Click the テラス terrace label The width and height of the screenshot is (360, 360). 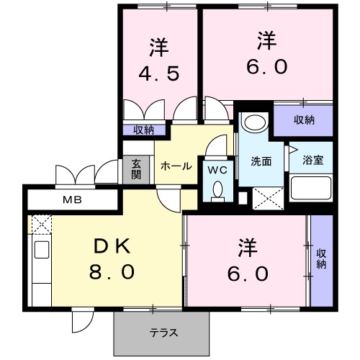pos(164,333)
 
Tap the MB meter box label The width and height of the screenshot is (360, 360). pos(70,199)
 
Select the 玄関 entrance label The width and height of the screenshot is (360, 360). pos(137,170)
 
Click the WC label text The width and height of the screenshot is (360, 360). pos(217,170)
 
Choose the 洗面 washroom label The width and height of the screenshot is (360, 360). pos(261,161)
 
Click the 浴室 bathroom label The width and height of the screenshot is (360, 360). pos(313,161)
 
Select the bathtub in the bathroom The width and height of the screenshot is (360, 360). pos(311,189)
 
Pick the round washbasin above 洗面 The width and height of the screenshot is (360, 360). pos(253,122)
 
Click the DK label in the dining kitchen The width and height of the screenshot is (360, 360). pos(112,247)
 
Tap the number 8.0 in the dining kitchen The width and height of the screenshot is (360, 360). pos(112,273)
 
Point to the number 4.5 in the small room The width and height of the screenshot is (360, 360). pos(159,73)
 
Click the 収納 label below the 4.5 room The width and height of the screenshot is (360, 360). pos(144,130)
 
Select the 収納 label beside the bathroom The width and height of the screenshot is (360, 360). pos(304,120)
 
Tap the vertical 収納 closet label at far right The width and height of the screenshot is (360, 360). pos(321,258)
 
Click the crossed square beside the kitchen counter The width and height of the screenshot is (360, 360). pos(40,225)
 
